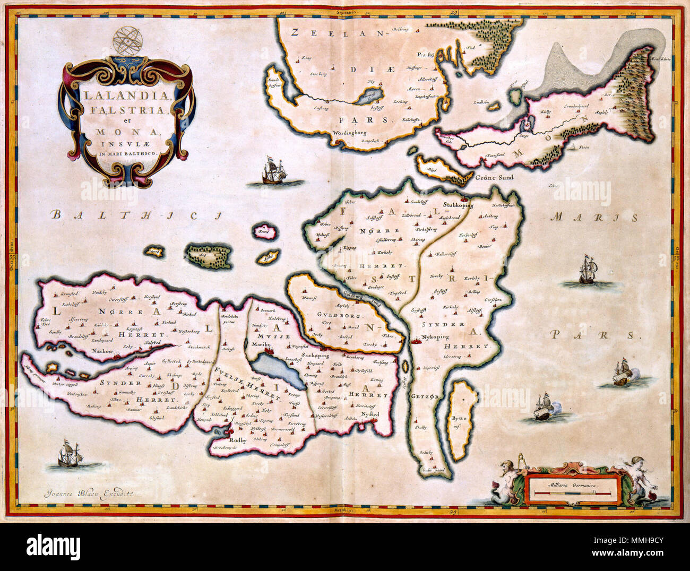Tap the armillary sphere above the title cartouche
coord(127,41)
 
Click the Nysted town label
coord(370,413)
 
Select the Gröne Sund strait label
coord(494,177)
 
